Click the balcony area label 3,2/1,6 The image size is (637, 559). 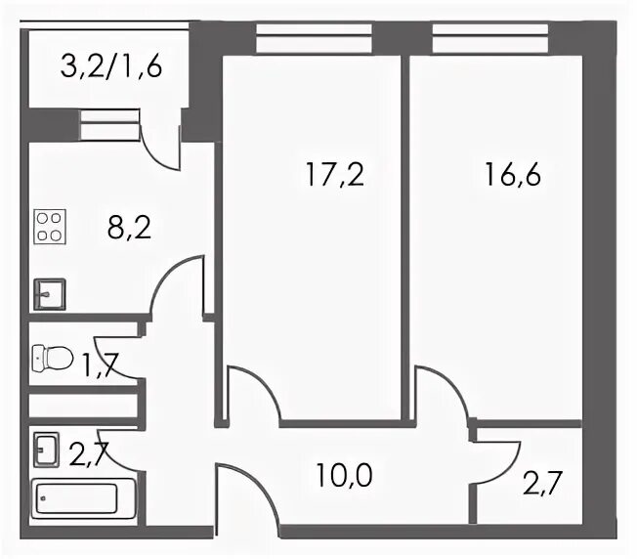click(111, 66)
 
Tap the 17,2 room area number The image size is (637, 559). click(335, 174)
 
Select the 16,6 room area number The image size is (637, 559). click(513, 174)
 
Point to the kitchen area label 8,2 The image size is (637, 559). click(129, 228)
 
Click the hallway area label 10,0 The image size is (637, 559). click(344, 475)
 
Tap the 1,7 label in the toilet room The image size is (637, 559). click(101, 365)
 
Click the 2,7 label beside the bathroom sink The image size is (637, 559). click(89, 454)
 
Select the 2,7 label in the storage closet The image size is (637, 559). click(542, 483)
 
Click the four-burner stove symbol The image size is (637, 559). click(50, 227)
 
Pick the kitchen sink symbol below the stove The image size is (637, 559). click(50, 294)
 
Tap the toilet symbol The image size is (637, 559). click(52, 358)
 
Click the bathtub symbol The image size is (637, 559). click(83, 498)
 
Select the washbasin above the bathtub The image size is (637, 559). click(46, 450)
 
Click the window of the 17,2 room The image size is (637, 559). click(315, 38)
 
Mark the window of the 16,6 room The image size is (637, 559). click(490, 38)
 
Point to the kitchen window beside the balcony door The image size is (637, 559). click(109, 125)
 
